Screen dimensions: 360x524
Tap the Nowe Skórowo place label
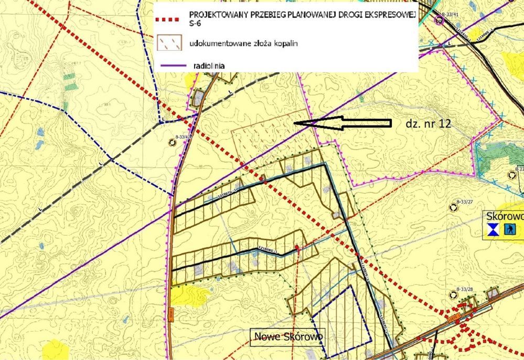click(x=287, y=336)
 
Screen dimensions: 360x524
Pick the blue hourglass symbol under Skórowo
click(x=493, y=229)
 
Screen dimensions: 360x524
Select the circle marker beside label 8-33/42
click(x=172, y=142)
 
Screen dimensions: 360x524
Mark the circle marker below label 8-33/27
click(x=453, y=208)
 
